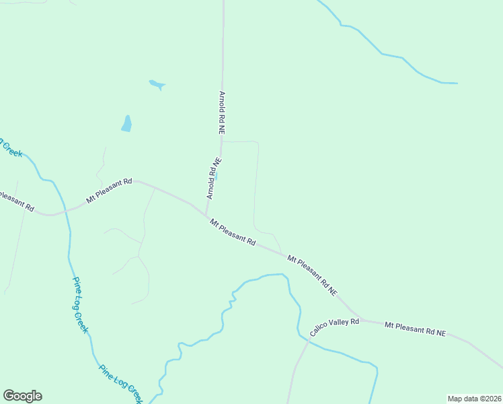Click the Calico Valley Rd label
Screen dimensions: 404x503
(335, 327)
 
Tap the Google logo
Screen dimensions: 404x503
(22, 396)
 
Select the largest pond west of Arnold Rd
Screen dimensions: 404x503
(126, 123)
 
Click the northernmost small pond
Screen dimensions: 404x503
(157, 85)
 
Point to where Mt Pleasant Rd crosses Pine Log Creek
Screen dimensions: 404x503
(65, 211)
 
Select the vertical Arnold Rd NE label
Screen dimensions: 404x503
(221, 113)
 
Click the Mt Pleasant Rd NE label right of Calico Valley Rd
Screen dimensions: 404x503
(415, 329)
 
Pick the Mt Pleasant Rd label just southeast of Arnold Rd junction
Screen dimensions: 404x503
(233, 232)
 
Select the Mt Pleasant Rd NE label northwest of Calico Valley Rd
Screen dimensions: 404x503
(312, 275)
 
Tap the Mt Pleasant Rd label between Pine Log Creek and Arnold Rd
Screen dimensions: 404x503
(109, 191)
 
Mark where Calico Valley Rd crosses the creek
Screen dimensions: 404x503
(308, 342)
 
